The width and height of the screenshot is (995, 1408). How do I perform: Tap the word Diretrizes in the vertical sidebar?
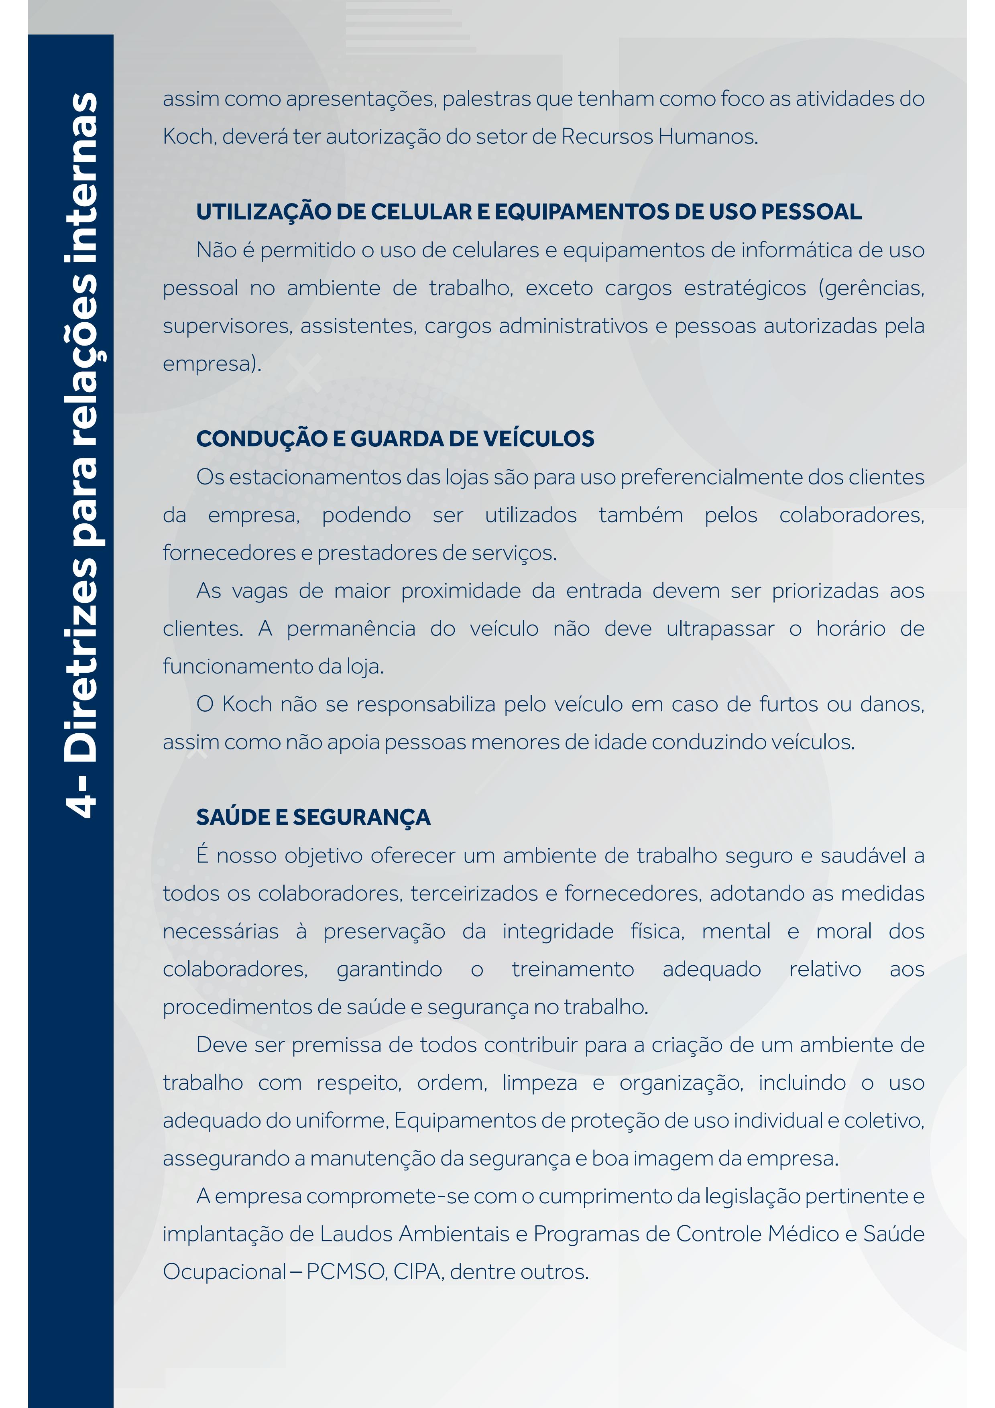pos(81,662)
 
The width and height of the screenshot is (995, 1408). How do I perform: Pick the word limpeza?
pos(539,1083)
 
